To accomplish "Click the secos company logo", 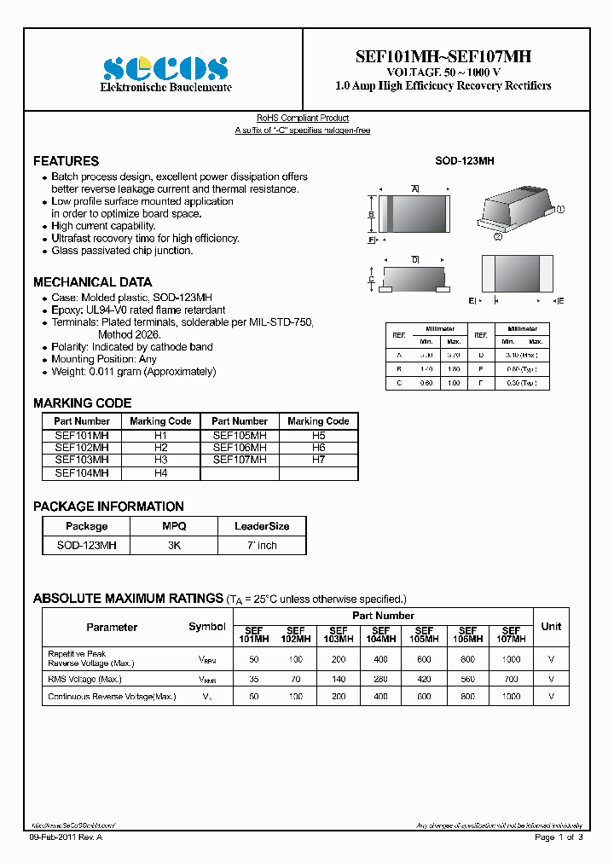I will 165,68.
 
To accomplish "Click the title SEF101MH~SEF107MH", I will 443,56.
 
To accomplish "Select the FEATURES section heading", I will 66,161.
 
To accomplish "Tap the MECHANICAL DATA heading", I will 92,282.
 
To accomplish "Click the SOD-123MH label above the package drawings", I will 464,160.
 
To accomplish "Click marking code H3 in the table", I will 160,460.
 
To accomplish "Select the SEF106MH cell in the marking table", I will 239,448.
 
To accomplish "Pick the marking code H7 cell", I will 318,460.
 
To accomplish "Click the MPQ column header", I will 174,527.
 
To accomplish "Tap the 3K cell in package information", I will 174,545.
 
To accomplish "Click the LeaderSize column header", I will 262,527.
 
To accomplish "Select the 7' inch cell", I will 262,545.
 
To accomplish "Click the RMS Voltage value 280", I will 380,680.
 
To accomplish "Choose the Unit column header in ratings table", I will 551,627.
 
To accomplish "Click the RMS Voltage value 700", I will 510,680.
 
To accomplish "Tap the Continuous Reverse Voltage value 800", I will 467,697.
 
